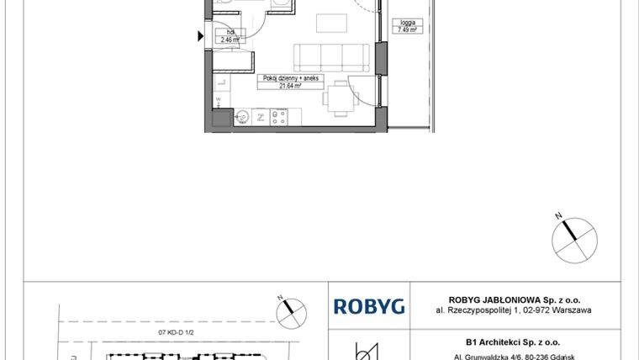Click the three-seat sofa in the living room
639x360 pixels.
coord(332,57)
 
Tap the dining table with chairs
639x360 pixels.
coord(340,95)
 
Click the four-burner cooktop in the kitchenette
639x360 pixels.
coord(278,117)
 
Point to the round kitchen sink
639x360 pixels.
coord(240,116)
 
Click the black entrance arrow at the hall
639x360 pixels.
coord(200,36)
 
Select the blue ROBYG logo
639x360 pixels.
coord(369,306)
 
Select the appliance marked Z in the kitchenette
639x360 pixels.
coord(260,117)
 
